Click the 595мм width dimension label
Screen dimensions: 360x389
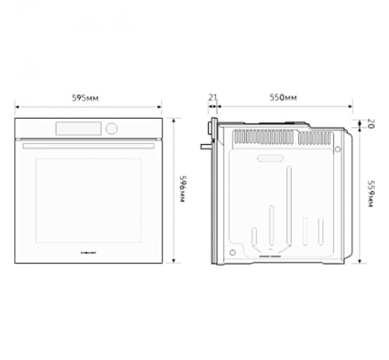(x=85, y=98)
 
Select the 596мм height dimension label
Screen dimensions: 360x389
(x=182, y=191)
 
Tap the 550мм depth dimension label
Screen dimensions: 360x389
(x=283, y=98)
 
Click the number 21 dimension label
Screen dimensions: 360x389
(x=212, y=98)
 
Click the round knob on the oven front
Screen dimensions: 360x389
(x=112, y=129)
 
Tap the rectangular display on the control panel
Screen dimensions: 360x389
(x=78, y=129)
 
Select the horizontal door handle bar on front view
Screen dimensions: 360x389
(x=89, y=146)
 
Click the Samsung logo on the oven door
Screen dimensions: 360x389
(x=88, y=251)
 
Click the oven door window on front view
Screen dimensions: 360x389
(x=89, y=200)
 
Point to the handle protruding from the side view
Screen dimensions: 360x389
(x=205, y=146)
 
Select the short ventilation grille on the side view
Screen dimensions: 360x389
(x=316, y=138)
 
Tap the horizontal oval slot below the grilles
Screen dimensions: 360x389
(x=269, y=158)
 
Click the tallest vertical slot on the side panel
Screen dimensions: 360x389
(x=289, y=206)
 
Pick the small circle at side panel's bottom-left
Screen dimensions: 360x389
(x=232, y=253)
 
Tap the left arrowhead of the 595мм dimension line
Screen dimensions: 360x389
(x=17, y=106)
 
